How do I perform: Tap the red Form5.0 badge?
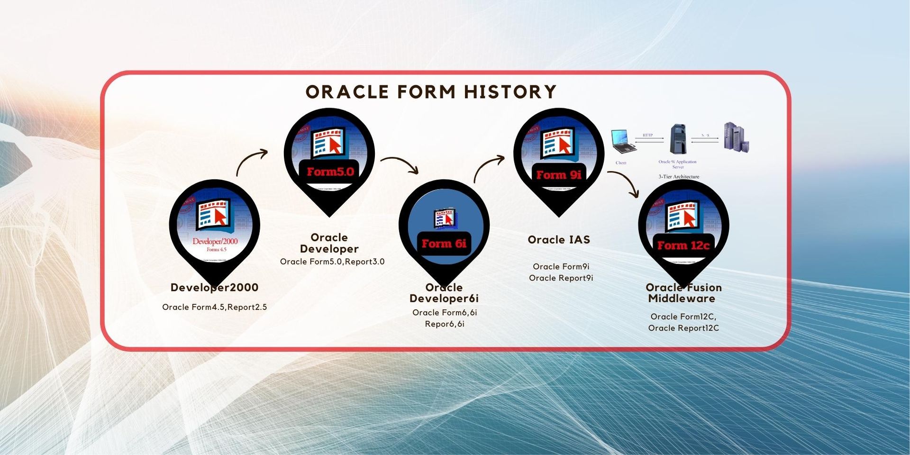tap(330, 172)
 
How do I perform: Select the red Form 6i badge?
tap(444, 244)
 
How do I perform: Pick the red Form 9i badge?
tap(559, 175)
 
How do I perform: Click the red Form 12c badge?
tap(683, 246)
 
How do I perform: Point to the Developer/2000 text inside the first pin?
tap(215, 241)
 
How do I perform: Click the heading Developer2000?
tap(214, 288)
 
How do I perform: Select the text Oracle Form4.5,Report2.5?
tap(214, 307)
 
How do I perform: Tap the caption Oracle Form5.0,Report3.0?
tap(332, 262)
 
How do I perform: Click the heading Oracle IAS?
tap(559, 240)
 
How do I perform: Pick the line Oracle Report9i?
tap(561, 278)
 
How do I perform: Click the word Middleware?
tap(682, 299)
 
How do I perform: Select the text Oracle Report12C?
tap(683, 328)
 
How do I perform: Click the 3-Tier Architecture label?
tap(679, 177)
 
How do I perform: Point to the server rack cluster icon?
tap(736, 137)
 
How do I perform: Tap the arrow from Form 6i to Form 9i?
tap(488, 167)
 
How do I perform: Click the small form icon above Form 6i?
tap(445, 217)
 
